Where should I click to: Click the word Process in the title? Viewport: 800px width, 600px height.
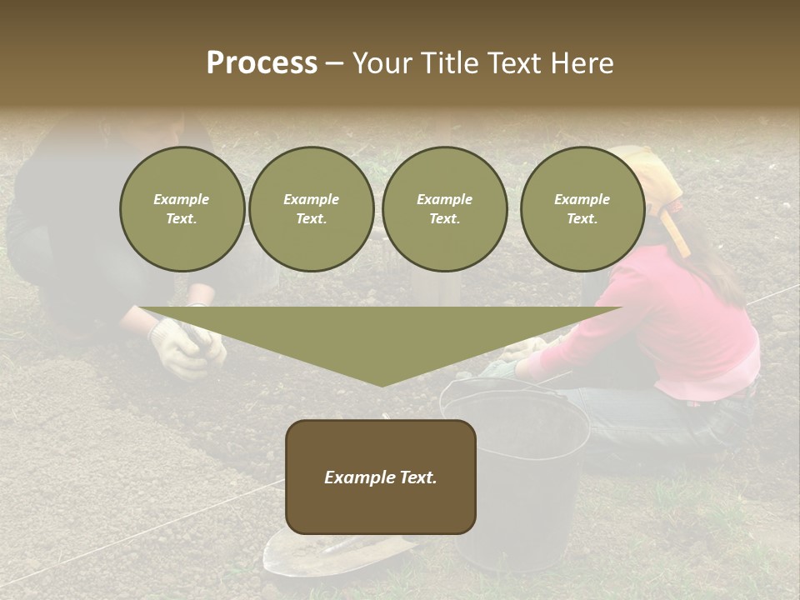click(262, 63)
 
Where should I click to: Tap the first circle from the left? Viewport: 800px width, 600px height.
click(182, 209)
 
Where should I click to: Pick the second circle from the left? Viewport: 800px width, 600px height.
click(311, 209)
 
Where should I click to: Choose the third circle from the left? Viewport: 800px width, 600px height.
click(444, 209)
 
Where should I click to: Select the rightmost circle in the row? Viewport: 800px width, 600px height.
click(582, 209)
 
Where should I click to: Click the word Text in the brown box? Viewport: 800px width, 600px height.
click(418, 477)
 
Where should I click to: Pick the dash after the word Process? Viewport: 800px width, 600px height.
click(333, 64)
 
